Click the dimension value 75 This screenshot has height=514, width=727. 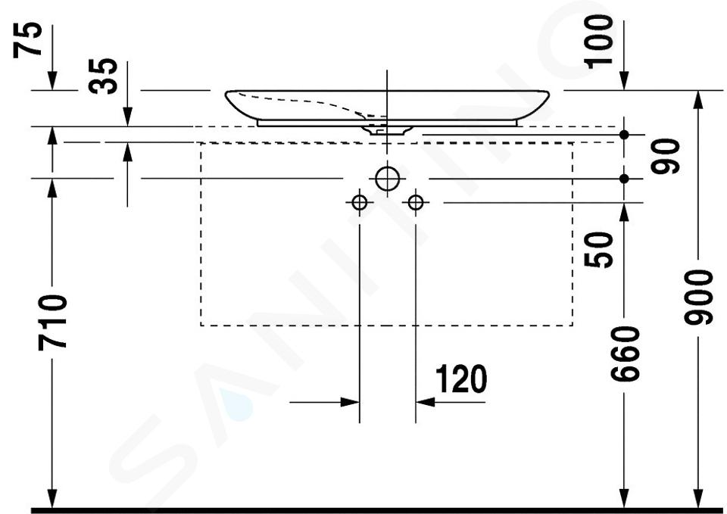click(x=28, y=40)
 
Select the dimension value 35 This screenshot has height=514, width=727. click(x=103, y=76)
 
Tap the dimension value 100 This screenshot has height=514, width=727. click(x=598, y=42)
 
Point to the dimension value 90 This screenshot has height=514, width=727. click(x=665, y=156)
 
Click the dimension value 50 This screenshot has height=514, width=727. click(x=598, y=249)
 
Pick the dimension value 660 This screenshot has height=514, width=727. click(x=625, y=354)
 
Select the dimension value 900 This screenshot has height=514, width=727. click(x=697, y=297)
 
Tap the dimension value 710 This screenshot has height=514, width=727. click(x=52, y=322)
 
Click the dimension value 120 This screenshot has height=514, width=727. click(x=461, y=378)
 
